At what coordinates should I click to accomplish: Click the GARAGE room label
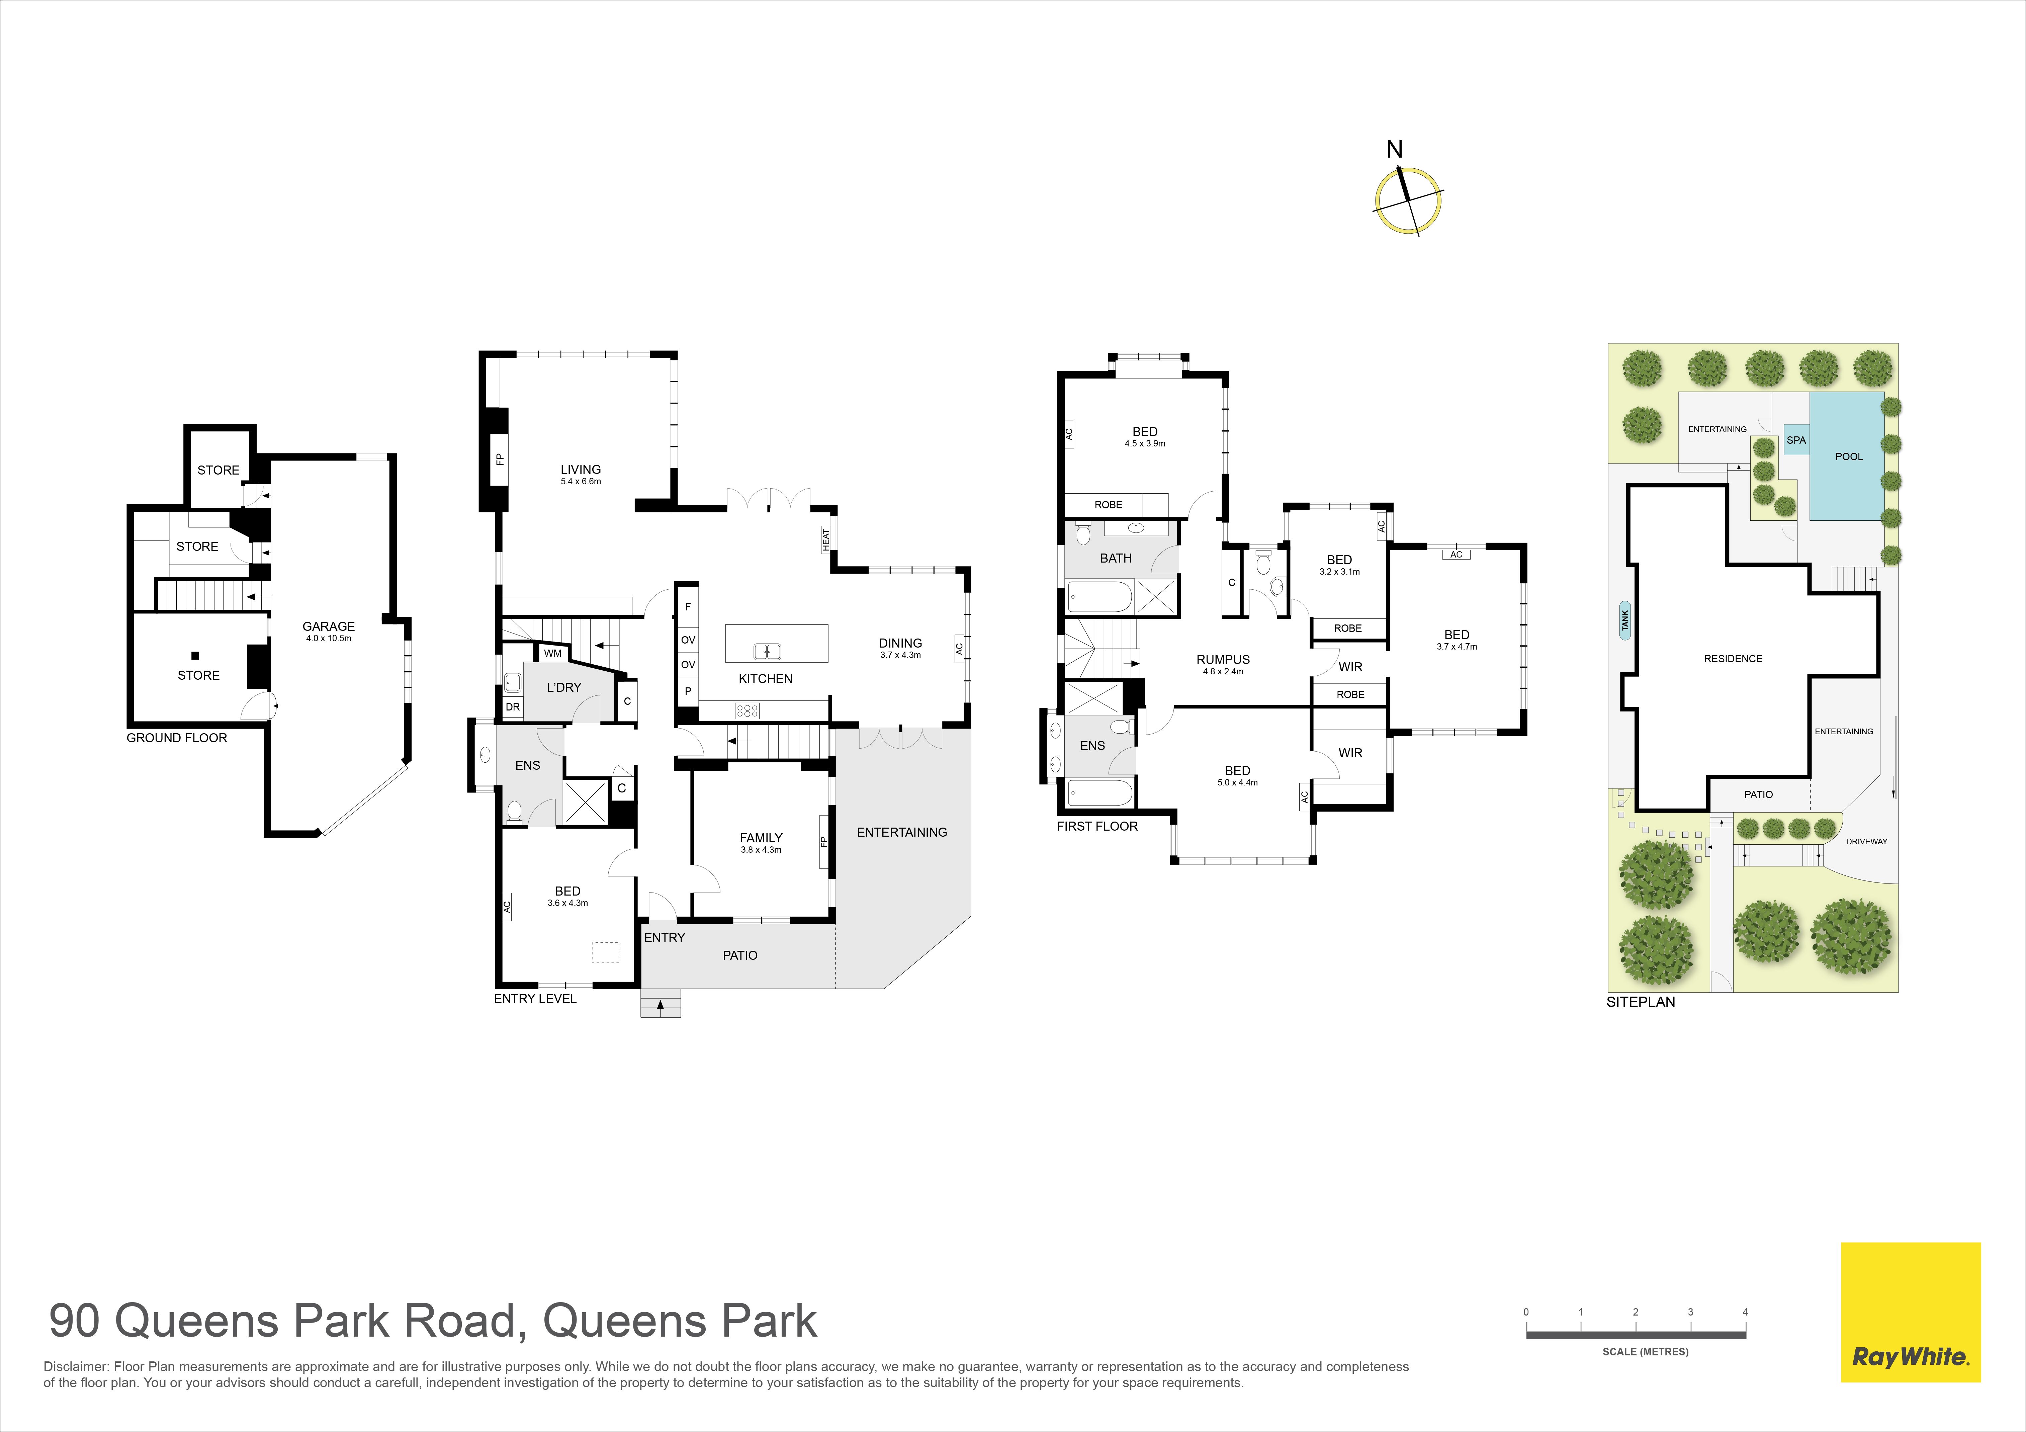tap(328, 626)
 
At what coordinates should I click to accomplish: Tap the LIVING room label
tap(581, 470)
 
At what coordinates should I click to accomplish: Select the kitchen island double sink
tap(767, 652)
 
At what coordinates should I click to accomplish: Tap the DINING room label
tap(900, 643)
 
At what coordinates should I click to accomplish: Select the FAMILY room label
tap(761, 838)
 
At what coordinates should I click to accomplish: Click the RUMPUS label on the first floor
tap(1223, 659)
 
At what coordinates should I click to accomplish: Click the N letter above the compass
tap(1394, 150)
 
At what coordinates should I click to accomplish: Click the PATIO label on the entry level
tap(739, 955)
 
